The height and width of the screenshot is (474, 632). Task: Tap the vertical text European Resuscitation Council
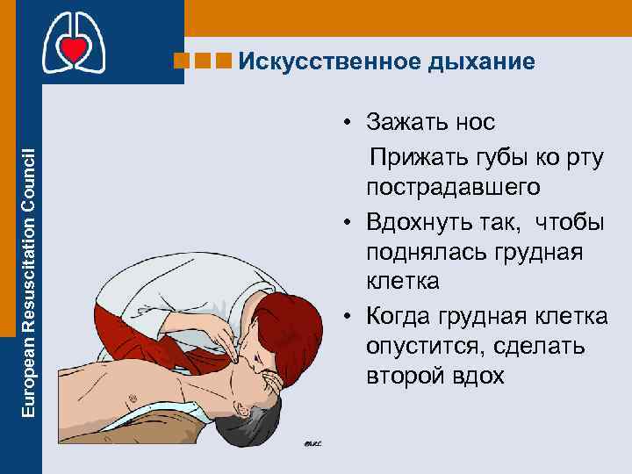[x=29, y=281]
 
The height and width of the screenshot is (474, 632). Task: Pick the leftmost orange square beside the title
[x=181, y=61]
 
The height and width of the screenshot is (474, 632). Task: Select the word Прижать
[x=411, y=155]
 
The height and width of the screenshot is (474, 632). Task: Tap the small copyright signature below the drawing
[x=313, y=442]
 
